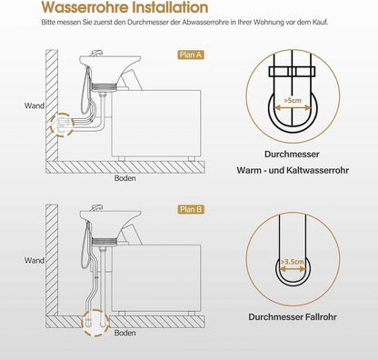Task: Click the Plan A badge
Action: (x=191, y=55)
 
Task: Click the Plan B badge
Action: (x=191, y=209)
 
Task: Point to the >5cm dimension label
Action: (x=293, y=100)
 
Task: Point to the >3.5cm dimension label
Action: (x=293, y=261)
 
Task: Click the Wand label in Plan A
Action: (x=35, y=105)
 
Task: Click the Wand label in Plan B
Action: (x=35, y=260)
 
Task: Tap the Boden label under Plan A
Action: (x=124, y=178)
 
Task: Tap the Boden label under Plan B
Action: (x=124, y=333)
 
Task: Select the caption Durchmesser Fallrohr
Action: (x=293, y=317)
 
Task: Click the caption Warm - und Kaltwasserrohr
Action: (x=293, y=170)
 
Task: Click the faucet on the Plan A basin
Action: (x=97, y=53)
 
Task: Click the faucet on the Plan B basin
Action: (x=97, y=207)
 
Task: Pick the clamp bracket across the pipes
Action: (x=293, y=72)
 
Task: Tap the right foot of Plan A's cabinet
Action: (x=192, y=159)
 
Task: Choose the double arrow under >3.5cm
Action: (x=293, y=269)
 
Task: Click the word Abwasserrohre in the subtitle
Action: (x=205, y=23)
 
